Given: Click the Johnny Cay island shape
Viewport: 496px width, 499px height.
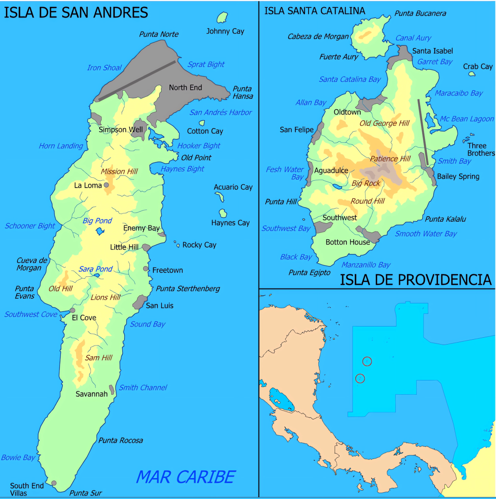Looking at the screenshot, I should (223, 18).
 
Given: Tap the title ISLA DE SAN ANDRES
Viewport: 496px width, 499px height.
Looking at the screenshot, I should (75, 12).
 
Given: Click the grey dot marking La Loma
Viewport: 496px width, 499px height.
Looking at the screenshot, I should (106, 185).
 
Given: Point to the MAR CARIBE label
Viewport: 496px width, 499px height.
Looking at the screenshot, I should (185, 476).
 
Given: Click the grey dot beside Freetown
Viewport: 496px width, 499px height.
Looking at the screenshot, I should (146, 269).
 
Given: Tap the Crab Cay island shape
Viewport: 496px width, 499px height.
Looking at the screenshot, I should (471, 74).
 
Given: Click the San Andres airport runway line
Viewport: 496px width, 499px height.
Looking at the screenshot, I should (137, 80).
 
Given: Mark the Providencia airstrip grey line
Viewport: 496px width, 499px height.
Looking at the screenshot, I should (423, 132).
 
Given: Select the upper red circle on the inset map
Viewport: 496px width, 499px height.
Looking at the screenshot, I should (367, 361).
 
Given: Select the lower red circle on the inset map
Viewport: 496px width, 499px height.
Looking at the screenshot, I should (360, 378).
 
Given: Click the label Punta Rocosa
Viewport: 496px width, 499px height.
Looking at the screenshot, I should (121, 441).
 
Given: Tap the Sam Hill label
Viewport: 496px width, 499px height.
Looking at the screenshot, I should (98, 358).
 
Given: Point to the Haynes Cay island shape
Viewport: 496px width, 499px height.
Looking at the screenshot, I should (223, 213).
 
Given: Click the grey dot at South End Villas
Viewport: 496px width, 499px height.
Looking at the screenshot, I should (54, 483).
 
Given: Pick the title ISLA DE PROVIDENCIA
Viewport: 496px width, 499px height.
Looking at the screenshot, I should (415, 280).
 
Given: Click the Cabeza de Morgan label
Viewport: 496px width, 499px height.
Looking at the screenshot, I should (318, 37).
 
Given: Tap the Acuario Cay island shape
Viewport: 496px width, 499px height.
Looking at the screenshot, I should (220, 196).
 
